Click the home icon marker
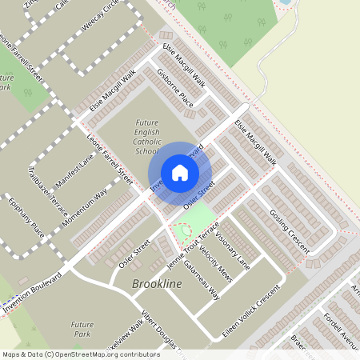pyautogui.click(x=179, y=173)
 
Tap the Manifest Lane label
pyautogui.click(x=76, y=167)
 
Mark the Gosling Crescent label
pyautogui.click(x=289, y=227)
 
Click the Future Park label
pyautogui.click(x=82, y=330)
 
